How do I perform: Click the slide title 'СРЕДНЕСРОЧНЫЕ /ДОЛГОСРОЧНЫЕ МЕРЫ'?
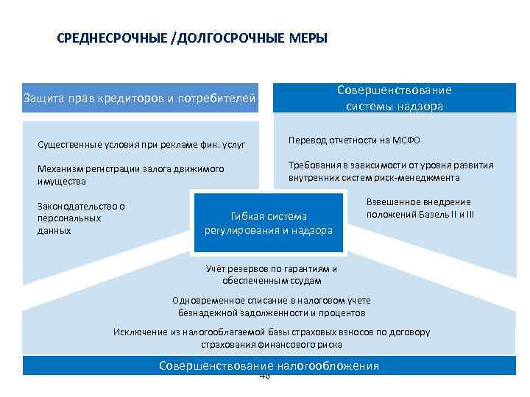point(192,38)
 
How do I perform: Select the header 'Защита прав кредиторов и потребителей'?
point(140,98)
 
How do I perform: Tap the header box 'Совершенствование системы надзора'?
point(395,98)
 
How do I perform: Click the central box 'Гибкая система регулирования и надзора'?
point(268,223)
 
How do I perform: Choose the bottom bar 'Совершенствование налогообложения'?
point(269,366)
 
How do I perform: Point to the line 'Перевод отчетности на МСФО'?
point(354,140)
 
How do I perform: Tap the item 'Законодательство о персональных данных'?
point(81,218)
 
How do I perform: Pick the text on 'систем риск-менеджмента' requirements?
point(391,171)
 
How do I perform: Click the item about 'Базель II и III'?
point(420,208)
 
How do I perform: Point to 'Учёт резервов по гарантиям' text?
point(271,274)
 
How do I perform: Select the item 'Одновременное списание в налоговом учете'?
point(271,306)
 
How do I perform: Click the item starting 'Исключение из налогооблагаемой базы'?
point(271,337)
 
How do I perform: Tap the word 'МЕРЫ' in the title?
point(309,38)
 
